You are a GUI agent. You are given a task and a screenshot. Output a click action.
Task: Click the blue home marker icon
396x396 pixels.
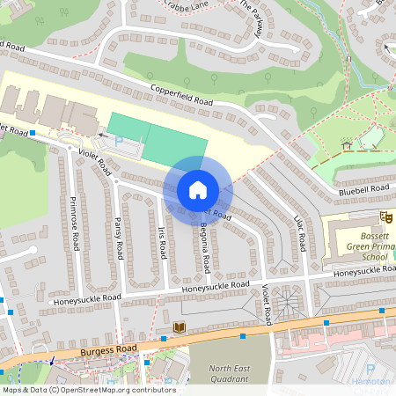click(x=198, y=190)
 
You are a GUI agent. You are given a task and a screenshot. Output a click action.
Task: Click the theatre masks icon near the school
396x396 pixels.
click(x=385, y=216)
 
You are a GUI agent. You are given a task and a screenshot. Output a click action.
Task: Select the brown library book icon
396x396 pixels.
click(x=180, y=327)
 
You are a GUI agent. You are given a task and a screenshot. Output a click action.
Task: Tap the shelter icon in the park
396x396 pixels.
click(x=347, y=144)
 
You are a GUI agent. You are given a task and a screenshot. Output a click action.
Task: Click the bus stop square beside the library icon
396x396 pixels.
click(x=165, y=337)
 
